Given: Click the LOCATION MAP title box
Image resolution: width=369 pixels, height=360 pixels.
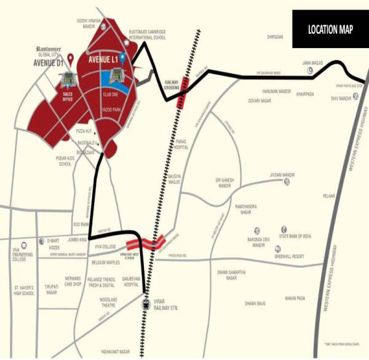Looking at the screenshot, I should click(x=330, y=30).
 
